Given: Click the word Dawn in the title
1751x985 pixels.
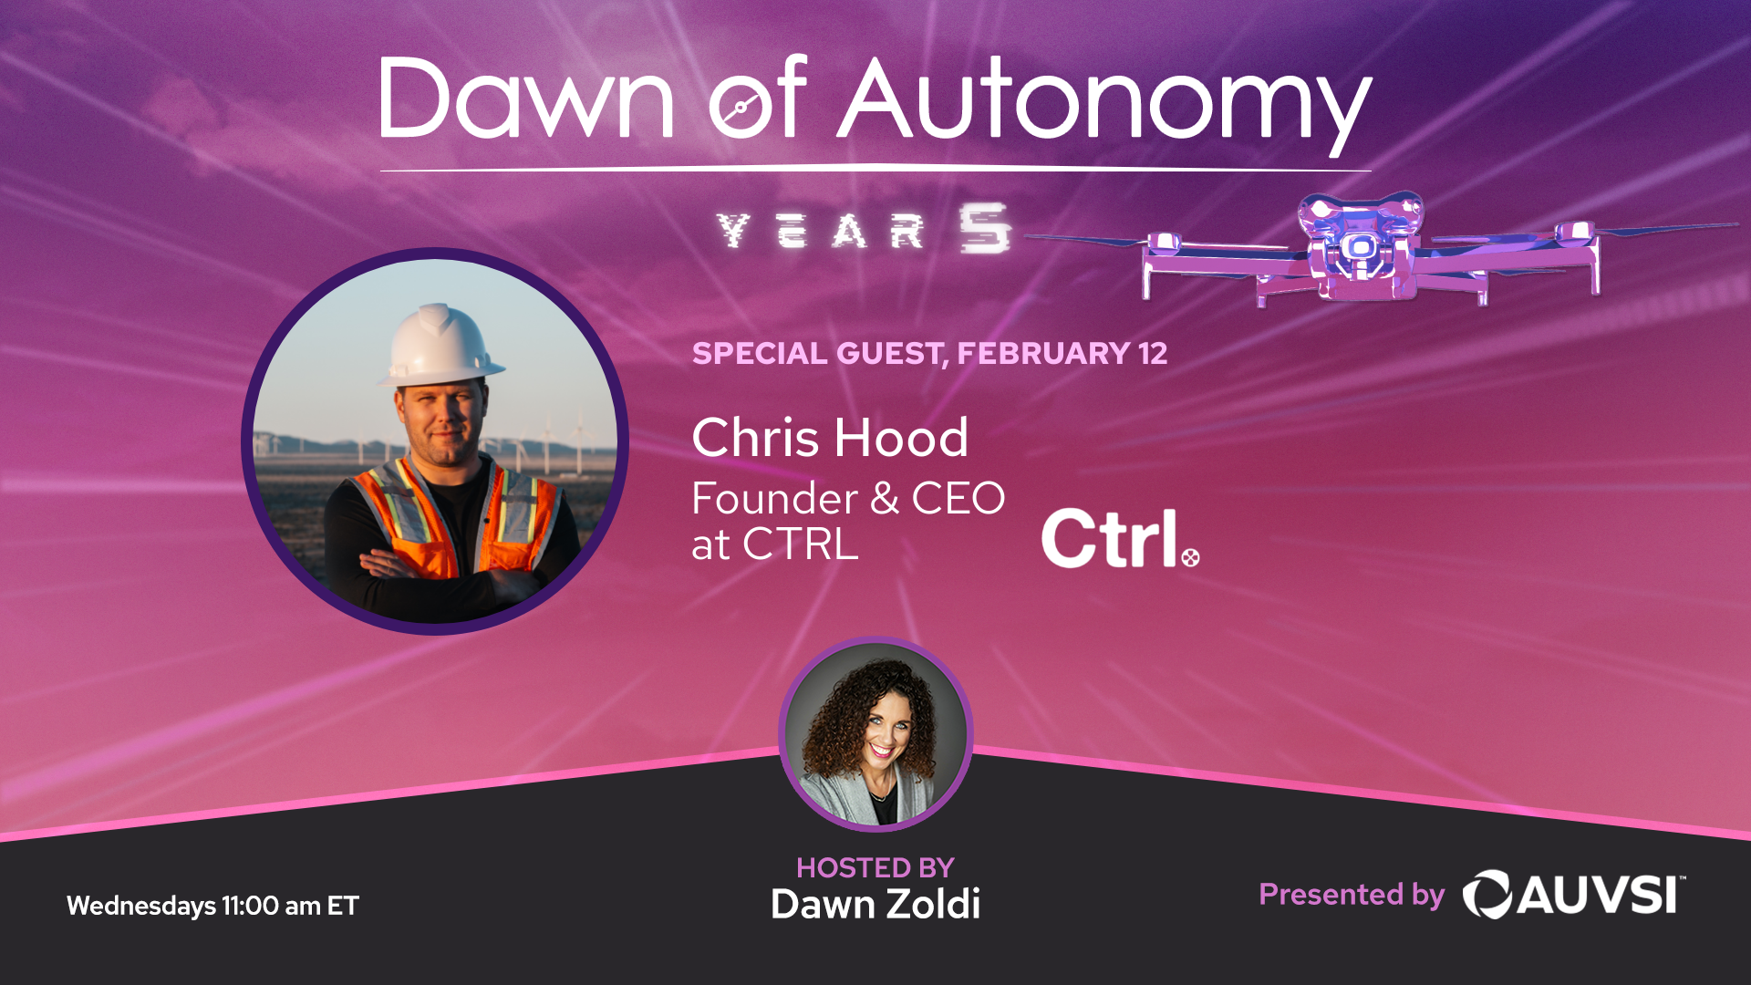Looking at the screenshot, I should (525, 98).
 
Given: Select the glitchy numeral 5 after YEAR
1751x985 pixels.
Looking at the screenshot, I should (984, 228).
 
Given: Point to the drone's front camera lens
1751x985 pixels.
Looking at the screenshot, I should (1360, 247).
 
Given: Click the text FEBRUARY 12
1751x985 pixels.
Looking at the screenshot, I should (1062, 354).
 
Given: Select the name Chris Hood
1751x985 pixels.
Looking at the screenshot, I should (830, 438).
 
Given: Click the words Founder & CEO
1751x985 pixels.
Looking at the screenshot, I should (848, 499).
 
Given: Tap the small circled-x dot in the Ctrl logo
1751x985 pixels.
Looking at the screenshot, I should (1190, 556).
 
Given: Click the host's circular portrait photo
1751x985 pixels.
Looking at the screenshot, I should (875, 735).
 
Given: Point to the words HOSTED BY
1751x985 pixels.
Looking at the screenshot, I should (875, 867).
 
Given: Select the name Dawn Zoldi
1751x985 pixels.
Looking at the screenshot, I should (875, 905).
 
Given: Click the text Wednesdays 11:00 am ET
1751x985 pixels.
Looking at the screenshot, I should (212, 906).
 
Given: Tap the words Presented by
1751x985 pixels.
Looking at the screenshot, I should (1352, 895).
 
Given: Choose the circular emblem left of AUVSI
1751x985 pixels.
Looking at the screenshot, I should (1487, 895).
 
